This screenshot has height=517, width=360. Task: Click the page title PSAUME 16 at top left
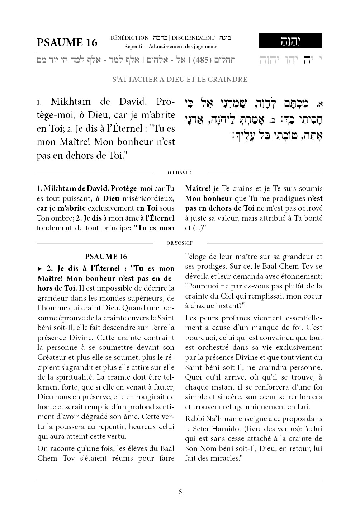coord(67,42)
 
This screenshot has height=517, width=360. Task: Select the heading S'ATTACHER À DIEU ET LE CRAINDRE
coord(180,79)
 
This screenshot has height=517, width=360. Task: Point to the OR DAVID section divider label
coord(180,173)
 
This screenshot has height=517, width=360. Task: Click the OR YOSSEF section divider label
coord(180,243)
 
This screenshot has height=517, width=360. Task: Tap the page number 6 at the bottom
coord(180,492)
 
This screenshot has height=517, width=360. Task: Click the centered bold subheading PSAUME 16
coord(106,257)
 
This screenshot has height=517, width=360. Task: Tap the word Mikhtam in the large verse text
coord(71,102)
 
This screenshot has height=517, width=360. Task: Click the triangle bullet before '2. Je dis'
coord(40,268)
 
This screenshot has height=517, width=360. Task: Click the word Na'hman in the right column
coord(216,419)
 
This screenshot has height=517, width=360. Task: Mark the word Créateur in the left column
coord(50,357)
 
